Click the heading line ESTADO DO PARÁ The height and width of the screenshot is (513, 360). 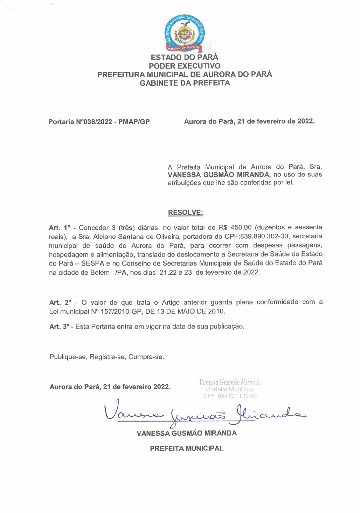pos(185,57)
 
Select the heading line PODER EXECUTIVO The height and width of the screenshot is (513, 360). pos(185,66)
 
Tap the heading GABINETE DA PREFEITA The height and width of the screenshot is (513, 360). pos(185,83)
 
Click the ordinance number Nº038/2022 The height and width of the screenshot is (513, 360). pos(94,122)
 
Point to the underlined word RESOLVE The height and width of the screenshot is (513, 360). pos(185,213)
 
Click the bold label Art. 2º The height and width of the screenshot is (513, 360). pos(60,303)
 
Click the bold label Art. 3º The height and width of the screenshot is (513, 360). pos(60,327)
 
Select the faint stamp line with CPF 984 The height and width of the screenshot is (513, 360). pos(230,396)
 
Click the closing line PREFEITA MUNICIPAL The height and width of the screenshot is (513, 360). pos(186,449)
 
